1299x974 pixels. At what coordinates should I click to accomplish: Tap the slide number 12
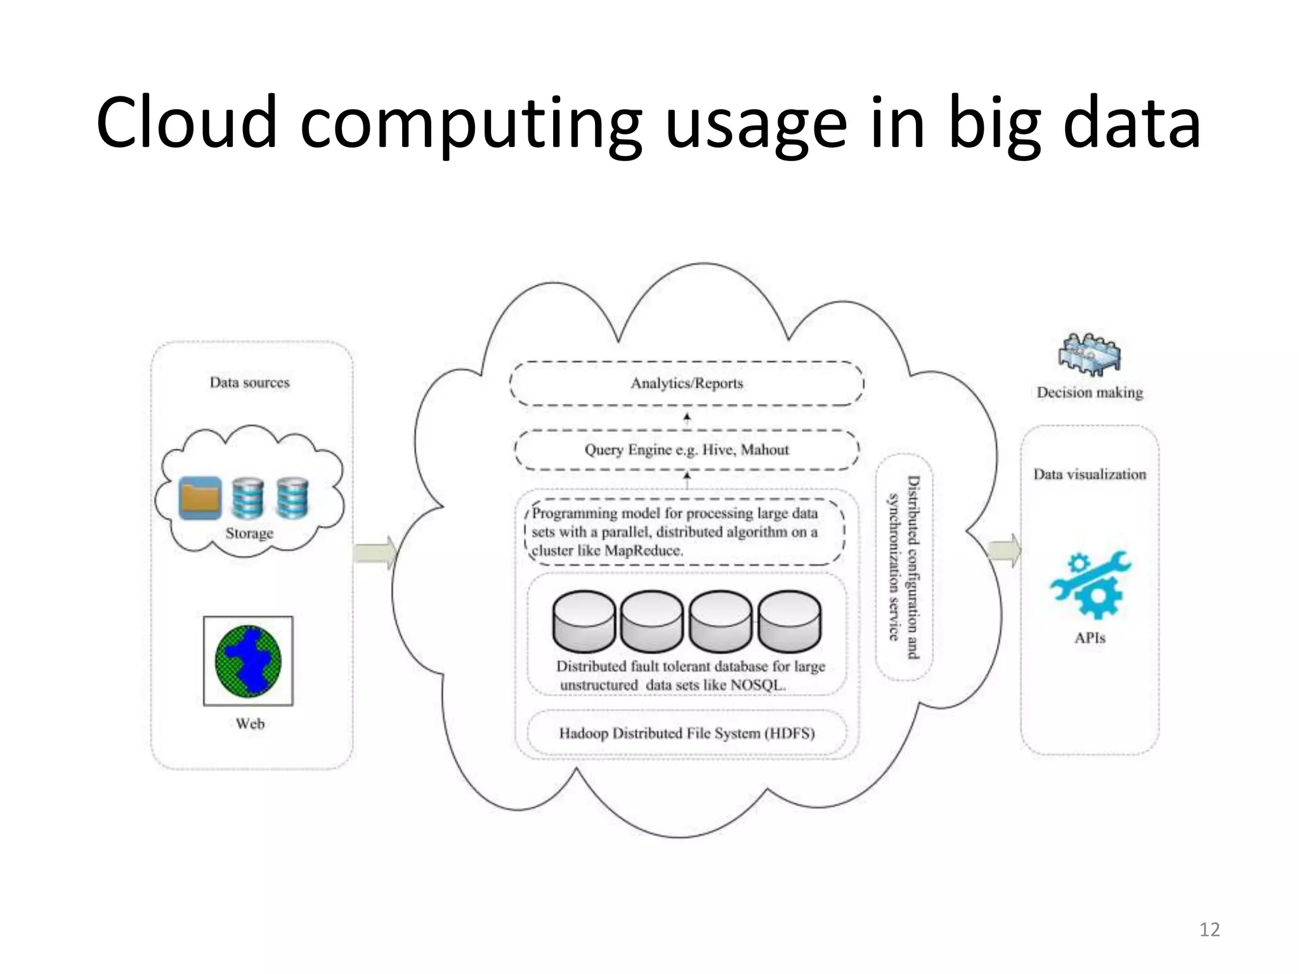(x=1210, y=930)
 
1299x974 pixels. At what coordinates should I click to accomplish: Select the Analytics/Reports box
(x=686, y=383)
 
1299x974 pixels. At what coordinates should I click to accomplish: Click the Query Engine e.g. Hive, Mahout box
(x=686, y=450)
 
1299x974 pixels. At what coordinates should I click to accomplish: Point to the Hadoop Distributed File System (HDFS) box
(x=686, y=733)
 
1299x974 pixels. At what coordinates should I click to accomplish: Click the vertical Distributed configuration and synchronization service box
(x=904, y=567)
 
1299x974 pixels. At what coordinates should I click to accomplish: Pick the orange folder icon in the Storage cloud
(x=200, y=498)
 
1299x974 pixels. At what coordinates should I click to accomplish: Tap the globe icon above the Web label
(x=248, y=661)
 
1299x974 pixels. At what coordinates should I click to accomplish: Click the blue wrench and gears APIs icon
(x=1090, y=585)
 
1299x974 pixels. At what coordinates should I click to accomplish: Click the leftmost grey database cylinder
(x=584, y=621)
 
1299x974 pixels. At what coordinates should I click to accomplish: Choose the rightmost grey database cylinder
(x=789, y=621)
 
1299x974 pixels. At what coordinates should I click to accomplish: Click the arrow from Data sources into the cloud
(x=375, y=553)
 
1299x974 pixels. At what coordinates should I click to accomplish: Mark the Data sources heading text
(x=249, y=382)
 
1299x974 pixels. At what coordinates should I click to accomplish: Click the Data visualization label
(x=1090, y=474)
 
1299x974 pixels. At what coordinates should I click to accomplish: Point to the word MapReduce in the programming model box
(x=643, y=550)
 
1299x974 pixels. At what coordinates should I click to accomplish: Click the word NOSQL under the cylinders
(x=758, y=685)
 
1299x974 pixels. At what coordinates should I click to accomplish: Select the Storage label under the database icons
(x=249, y=533)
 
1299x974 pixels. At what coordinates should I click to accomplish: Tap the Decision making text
(x=1090, y=393)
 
